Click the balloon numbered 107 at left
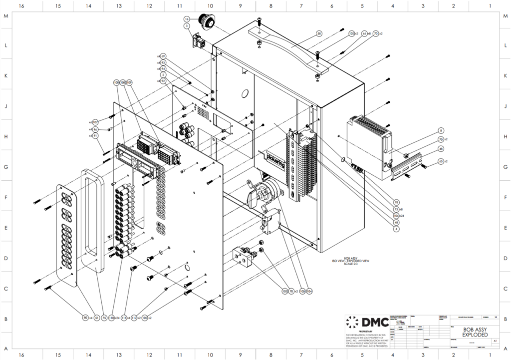click(95, 122)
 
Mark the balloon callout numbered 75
click(104, 317)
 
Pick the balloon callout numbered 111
click(124, 317)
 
